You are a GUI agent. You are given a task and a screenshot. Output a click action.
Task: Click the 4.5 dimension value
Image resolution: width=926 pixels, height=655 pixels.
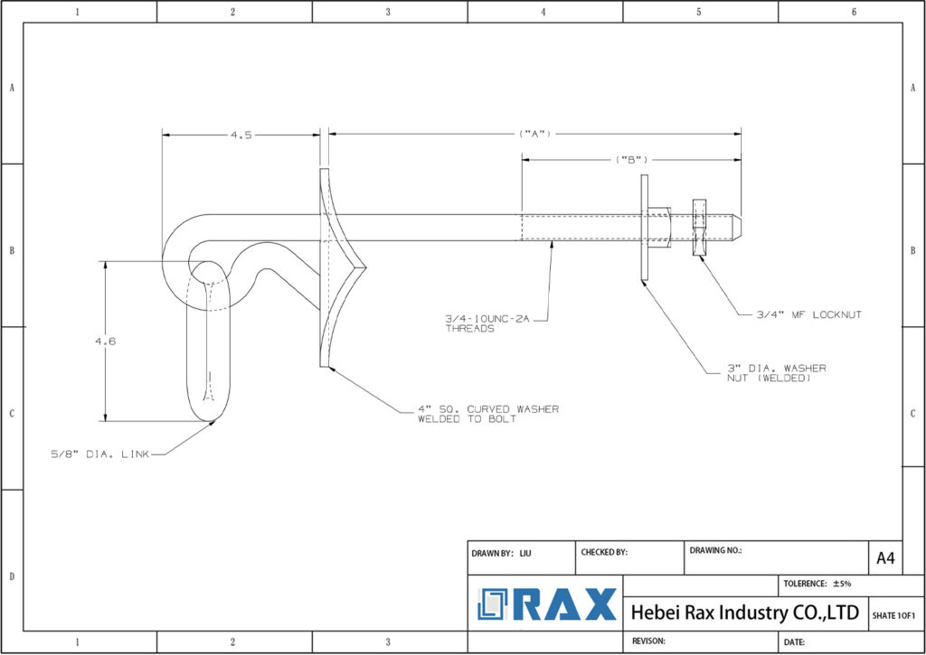click(x=241, y=135)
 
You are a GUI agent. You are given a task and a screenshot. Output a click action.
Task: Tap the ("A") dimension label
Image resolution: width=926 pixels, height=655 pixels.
click(x=535, y=134)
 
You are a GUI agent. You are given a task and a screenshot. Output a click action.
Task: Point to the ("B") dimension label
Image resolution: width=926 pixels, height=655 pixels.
click(x=631, y=159)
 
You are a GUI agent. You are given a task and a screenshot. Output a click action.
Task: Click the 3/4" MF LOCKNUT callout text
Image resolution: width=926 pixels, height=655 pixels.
click(x=809, y=315)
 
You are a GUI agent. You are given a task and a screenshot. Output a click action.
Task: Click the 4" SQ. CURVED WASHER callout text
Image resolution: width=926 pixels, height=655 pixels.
click(x=487, y=414)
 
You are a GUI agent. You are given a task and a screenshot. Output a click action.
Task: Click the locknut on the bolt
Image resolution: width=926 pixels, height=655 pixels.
click(x=698, y=228)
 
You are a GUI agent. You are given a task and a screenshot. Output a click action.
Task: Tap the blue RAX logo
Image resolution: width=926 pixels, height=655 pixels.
click(x=546, y=604)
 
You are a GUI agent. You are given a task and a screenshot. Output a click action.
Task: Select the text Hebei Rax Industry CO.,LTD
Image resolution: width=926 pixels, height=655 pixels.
click(x=743, y=613)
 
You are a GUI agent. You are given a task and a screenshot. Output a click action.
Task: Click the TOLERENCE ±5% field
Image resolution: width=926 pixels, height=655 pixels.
click(x=818, y=584)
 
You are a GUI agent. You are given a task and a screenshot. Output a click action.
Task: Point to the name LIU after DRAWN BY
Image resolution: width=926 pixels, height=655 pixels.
click(x=525, y=552)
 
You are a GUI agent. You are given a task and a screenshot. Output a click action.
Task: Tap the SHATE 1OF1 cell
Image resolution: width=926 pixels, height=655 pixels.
click(x=893, y=615)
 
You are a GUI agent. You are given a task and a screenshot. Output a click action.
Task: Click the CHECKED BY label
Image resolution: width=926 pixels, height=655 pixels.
click(x=604, y=551)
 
